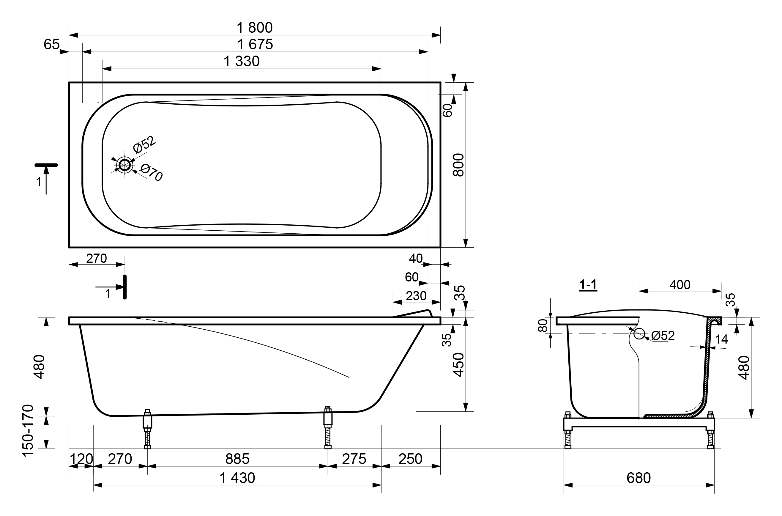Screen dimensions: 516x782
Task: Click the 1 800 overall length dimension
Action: (255, 28)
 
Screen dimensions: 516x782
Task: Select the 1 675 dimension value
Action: (255, 44)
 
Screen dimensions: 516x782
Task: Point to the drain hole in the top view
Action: (124, 165)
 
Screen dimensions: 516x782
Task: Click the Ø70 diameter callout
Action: (151, 173)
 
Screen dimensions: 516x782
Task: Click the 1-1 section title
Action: (588, 284)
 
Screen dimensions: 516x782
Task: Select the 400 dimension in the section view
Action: (680, 285)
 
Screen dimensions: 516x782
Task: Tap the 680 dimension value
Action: (638, 478)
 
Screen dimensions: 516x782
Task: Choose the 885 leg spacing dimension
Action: (237, 459)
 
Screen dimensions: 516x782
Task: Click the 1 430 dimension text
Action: (237, 478)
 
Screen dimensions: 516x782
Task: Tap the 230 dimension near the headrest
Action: (416, 296)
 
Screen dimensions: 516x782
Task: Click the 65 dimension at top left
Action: (52, 44)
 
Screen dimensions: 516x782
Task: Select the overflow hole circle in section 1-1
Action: (639, 334)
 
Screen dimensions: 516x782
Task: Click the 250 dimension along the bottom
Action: (410, 459)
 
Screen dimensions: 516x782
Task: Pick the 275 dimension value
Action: (354, 459)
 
